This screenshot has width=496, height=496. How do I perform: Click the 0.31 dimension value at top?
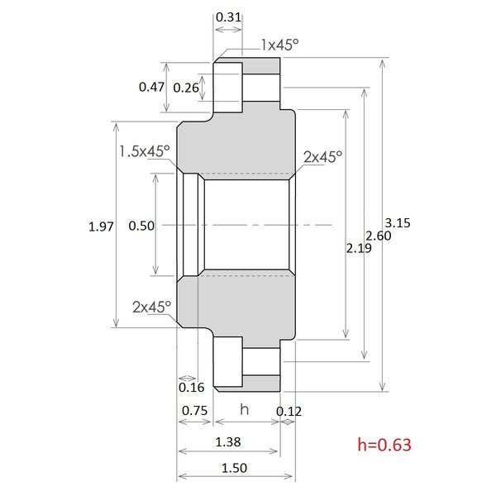[x=229, y=17]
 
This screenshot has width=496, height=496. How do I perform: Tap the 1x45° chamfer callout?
[x=279, y=45]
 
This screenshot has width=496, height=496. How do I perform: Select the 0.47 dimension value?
[x=152, y=87]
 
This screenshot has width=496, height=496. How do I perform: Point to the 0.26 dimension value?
[x=186, y=88]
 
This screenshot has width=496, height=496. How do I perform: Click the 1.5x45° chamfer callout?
[x=145, y=151]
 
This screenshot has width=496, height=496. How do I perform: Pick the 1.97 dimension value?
[x=101, y=227]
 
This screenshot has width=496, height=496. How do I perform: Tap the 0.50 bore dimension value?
[x=141, y=226]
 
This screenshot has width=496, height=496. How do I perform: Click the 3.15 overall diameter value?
[x=398, y=223]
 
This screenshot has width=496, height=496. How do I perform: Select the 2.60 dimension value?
[x=379, y=236]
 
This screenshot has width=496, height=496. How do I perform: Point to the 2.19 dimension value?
[x=359, y=249]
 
